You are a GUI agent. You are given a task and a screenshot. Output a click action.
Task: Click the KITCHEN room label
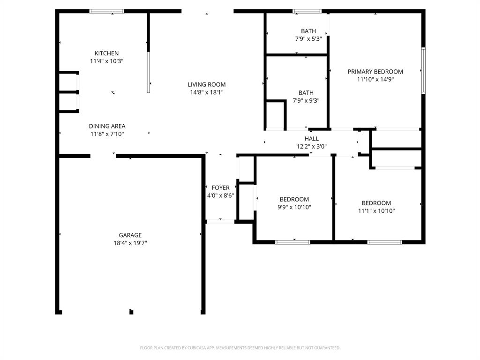point(106,53)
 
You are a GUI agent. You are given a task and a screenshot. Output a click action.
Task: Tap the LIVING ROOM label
point(207,85)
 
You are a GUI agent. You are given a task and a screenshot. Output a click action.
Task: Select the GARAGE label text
point(130,235)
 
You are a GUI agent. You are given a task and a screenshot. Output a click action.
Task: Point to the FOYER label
point(220,188)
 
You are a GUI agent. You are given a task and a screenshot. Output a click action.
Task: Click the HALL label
point(312,139)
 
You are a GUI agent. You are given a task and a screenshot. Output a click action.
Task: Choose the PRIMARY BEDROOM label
point(375,72)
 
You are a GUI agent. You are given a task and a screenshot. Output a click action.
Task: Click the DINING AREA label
point(107,126)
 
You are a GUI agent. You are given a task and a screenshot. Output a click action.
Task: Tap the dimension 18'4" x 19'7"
point(130,243)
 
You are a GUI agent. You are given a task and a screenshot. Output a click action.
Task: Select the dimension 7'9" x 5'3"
point(308,39)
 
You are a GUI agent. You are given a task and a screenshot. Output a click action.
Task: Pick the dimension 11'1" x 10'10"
point(376,211)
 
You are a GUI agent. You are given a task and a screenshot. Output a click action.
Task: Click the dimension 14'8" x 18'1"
point(207,92)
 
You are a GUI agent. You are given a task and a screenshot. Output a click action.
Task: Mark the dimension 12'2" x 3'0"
point(312,146)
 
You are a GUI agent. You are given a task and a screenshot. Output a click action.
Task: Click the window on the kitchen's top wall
point(107,11)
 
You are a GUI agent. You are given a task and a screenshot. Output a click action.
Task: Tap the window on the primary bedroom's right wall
point(423,71)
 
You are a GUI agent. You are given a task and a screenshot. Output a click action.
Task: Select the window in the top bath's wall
point(307,11)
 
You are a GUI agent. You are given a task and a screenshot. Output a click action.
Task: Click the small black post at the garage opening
point(131,312)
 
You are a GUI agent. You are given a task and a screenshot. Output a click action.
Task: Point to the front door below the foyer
point(220,221)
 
